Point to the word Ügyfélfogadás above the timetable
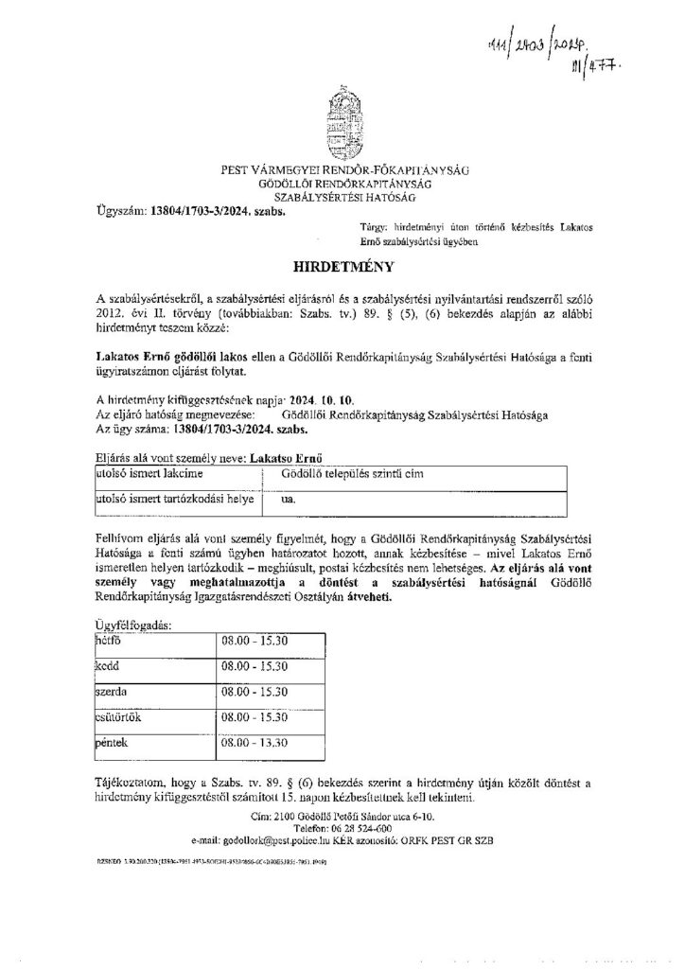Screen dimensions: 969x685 coord(135,626)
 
